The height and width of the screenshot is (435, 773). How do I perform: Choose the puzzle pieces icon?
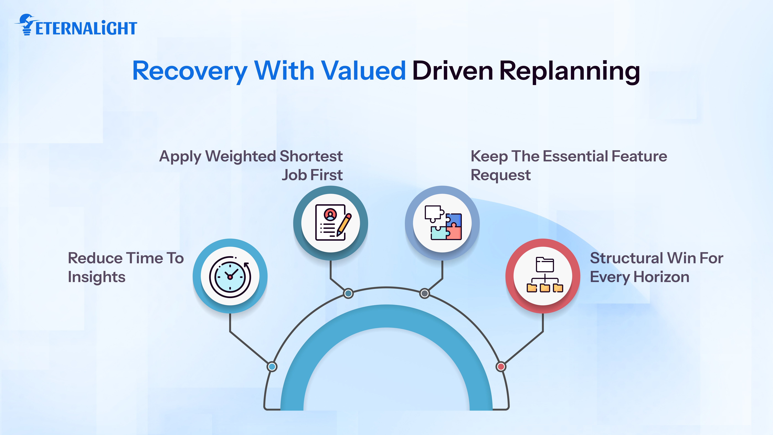point(443,223)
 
